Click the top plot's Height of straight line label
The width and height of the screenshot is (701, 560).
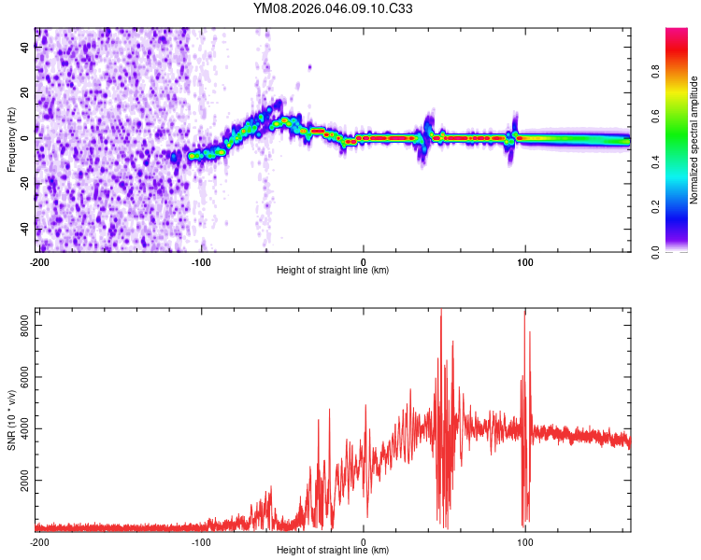tap(333, 270)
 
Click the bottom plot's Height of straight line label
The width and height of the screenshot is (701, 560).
tap(333, 550)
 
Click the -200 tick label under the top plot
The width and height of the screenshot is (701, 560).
tap(39, 262)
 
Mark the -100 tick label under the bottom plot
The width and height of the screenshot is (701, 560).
tap(201, 541)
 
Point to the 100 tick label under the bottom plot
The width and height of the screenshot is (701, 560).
tap(525, 541)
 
